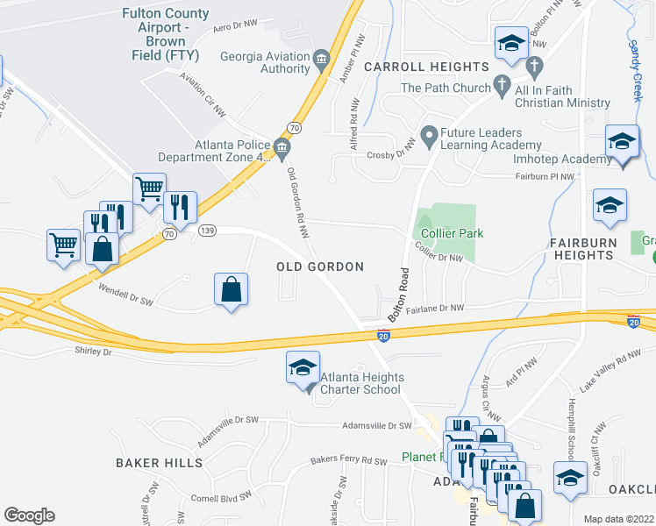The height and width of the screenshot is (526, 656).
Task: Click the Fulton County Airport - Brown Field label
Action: [x=166, y=34]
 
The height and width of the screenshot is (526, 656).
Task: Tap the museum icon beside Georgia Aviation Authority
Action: [x=321, y=59]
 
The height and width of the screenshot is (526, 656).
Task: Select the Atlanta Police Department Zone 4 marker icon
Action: [x=282, y=147]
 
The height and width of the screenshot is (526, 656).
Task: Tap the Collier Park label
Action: [x=452, y=233]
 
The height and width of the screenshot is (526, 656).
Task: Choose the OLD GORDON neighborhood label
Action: [x=320, y=267]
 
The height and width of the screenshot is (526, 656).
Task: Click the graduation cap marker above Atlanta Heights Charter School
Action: [x=302, y=367]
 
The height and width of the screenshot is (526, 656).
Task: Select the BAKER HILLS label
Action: [x=160, y=462]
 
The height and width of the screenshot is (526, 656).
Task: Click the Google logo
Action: [x=29, y=515]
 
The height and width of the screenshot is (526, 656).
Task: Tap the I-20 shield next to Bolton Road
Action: [x=383, y=335]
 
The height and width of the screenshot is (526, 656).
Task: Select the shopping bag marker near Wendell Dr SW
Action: [x=231, y=289]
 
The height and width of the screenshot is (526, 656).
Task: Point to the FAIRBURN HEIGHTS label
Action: [x=581, y=247]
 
